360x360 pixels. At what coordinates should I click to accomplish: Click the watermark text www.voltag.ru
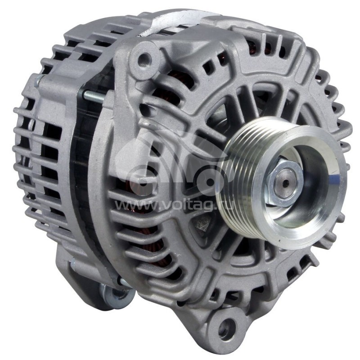click(x=180, y=206)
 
